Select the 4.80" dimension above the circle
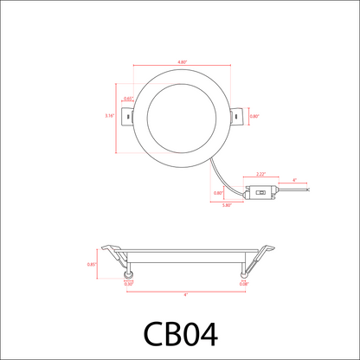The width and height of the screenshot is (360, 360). (x=182, y=62)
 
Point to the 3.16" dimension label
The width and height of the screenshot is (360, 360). (x=109, y=115)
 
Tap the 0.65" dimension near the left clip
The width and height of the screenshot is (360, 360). (x=128, y=99)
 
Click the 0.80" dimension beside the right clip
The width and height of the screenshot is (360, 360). (x=254, y=115)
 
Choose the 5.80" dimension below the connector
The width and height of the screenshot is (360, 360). (x=227, y=205)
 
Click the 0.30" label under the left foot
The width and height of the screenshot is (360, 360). (x=128, y=284)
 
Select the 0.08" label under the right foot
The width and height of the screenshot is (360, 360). (x=244, y=284)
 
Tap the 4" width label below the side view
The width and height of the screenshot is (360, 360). (x=185, y=294)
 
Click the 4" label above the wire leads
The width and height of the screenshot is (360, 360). (x=294, y=180)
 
